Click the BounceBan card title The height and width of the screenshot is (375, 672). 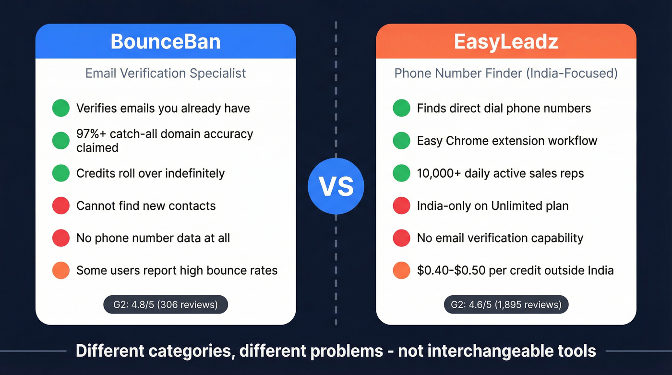[x=166, y=41]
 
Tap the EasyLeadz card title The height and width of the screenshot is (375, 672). [x=506, y=41]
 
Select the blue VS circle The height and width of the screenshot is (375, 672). [x=336, y=186]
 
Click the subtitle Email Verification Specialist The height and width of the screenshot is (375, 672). [x=166, y=73]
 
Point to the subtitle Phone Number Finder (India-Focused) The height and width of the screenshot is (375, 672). [x=506, y=73]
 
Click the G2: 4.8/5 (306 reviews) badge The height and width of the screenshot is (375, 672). [x=166, y=304]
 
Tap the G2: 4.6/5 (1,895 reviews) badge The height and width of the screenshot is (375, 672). [x=506, y=304]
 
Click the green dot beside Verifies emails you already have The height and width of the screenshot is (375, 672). [x=61, y=108]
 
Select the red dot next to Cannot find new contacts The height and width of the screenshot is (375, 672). [x=61, y=206]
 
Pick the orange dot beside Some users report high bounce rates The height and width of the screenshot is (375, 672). [x=61, y=270]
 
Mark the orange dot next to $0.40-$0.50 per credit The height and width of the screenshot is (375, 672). [x=401, y=270]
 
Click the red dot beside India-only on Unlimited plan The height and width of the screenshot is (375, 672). [x=401, y=206]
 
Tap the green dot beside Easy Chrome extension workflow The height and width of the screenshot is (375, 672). [x=401, y=141]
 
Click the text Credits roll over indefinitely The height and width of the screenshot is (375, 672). [x=150, y=173]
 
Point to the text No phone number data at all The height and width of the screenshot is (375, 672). [x=153, y=238]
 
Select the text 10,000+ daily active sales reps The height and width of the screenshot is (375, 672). [x=500, y=173]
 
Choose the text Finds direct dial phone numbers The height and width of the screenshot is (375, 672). [x=504, y=108]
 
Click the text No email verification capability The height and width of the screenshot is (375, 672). [x=500, y=238]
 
